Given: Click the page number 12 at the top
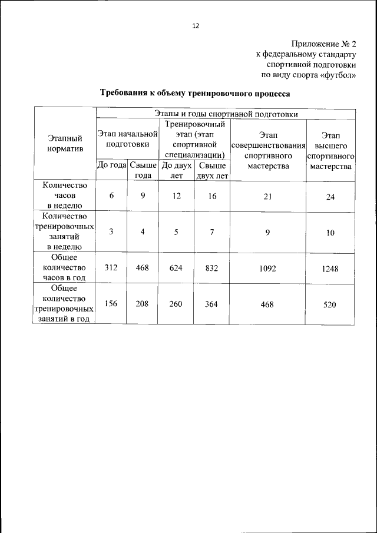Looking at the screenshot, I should [196, 26].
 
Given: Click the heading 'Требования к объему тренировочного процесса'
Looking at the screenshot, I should [195, 93].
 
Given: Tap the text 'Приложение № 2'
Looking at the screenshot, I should [324, 44].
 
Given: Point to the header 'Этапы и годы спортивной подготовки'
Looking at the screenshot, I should [226, 113].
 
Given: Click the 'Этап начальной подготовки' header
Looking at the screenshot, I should [127, 139].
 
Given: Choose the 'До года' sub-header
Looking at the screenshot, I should [111, 166].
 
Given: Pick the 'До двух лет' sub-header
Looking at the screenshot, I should [177, 170].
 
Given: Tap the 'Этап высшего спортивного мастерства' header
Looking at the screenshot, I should [330, 150].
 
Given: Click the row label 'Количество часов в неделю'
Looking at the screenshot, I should [65, 196].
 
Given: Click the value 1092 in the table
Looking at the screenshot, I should [267, 268].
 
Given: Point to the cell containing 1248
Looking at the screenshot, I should [330, 269].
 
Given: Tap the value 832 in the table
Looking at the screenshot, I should [211, 268].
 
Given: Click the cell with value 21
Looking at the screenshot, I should [267, 197].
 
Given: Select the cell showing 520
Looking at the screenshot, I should [330, 304].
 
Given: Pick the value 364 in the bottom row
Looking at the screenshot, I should [211, 304].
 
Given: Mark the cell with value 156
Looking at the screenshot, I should [111, 304].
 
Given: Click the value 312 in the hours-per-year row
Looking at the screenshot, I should [111, 268].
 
